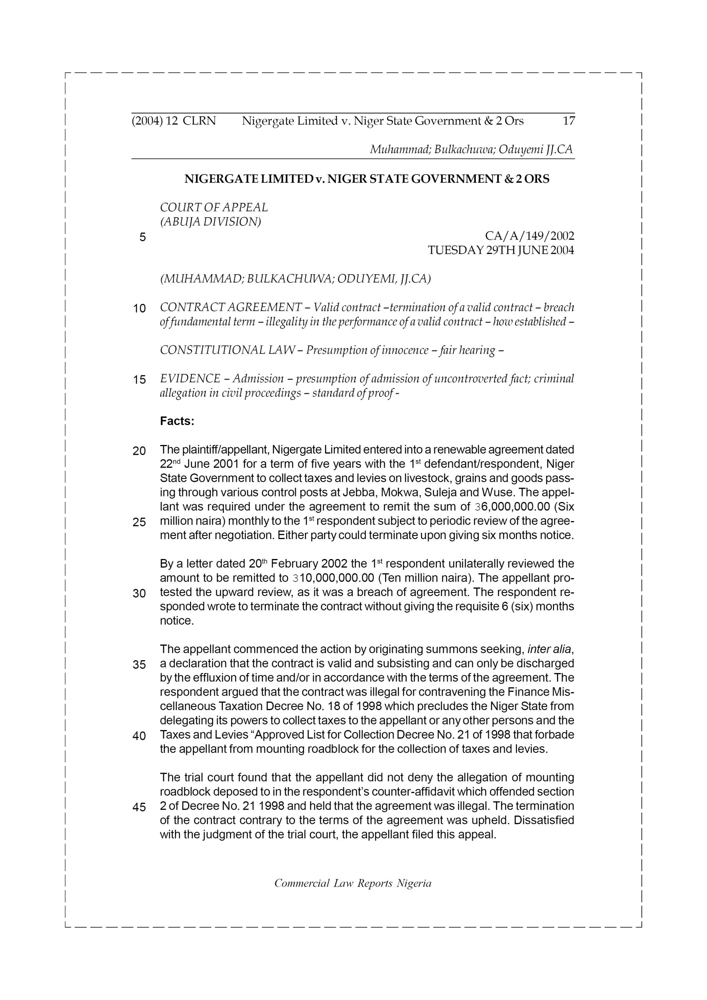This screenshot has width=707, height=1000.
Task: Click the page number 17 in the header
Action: coord(568,121)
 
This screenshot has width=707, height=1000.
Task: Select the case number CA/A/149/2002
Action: coord(529,236)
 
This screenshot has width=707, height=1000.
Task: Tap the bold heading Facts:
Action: coord(177,421)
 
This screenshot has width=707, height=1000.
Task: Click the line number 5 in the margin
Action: coord(143,237)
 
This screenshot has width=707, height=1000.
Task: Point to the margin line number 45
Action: coord(139,807)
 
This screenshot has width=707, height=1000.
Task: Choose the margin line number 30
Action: coord(139,594)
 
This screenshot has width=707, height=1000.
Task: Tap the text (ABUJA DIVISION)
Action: coord(211,222)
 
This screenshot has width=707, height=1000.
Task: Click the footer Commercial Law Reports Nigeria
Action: coord(353,883)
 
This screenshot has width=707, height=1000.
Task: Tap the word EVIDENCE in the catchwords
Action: coord(190,379)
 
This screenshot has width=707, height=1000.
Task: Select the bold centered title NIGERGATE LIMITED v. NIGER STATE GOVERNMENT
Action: coord(367,179)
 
